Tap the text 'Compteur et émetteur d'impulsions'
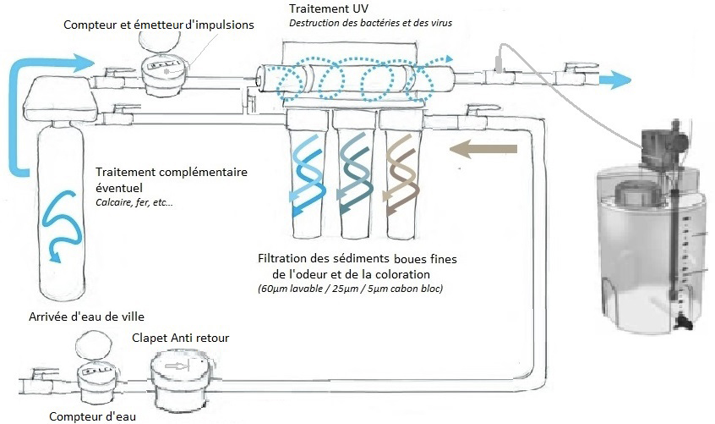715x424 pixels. coord(159,25)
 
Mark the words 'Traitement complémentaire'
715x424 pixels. coord(172,171)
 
